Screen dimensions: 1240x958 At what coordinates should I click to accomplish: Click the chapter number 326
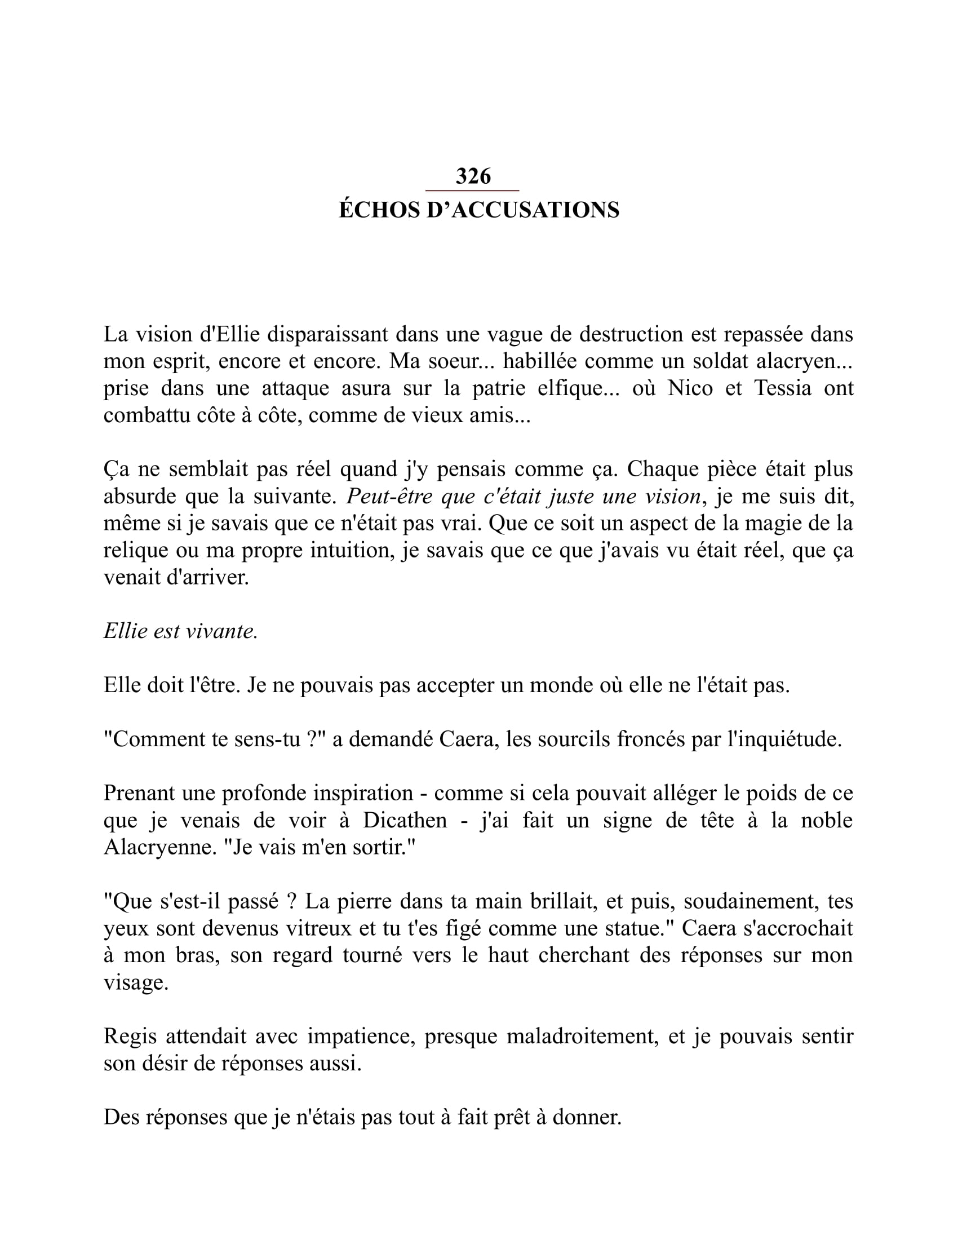tap(473, 176)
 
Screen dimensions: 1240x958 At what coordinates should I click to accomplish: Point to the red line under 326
tap(473, 190)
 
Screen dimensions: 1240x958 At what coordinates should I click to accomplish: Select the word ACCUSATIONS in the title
tap(535, 210)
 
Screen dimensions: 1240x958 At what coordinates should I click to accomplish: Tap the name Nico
tap(690, 388)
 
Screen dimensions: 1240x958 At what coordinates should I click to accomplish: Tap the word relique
tap(135, 551)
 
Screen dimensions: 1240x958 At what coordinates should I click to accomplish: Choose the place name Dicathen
tap(405, 821)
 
